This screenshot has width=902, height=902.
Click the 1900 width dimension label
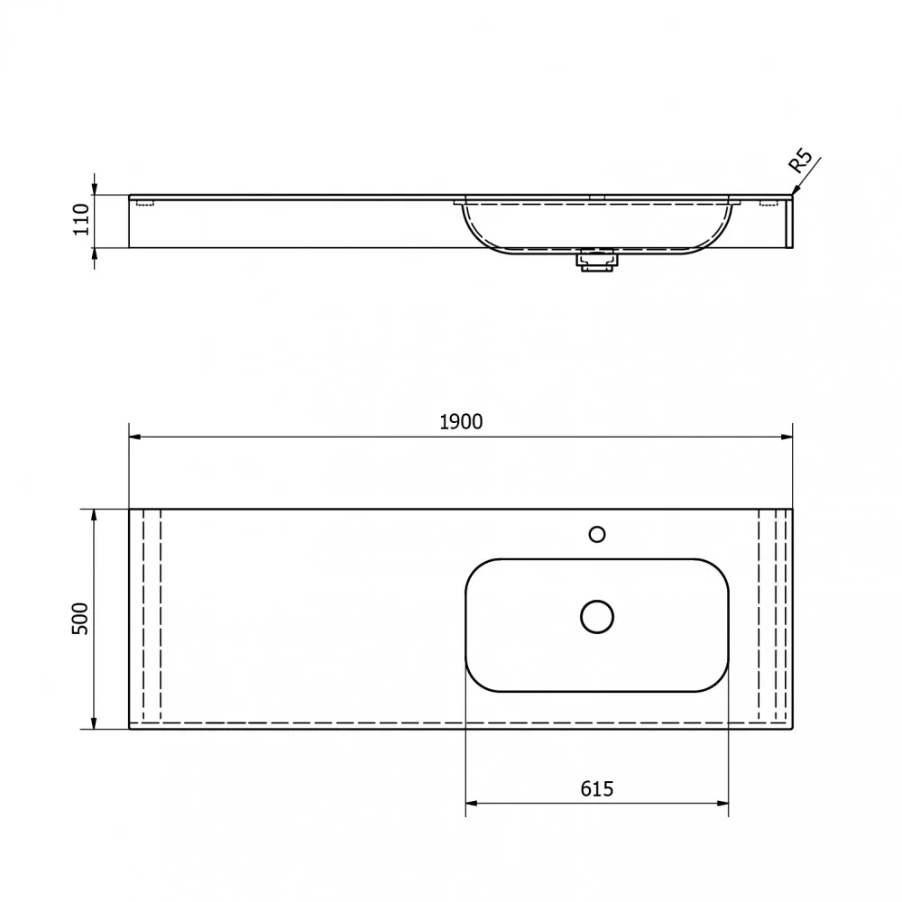[x=461, y=422]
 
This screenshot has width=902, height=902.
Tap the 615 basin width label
[x=596, y=788]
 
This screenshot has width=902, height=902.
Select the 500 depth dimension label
[x=80, y=619]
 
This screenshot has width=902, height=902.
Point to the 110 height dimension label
[x=81, y=219]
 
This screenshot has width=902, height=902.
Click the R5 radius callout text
[x=800, y=161]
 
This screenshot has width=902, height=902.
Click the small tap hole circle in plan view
[x=597, y=534]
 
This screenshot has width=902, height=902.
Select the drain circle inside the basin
[x=597, y=617]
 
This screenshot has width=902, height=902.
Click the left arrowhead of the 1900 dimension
[x=134, y=437]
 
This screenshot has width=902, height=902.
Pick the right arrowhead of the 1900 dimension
[x=787, y=437]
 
